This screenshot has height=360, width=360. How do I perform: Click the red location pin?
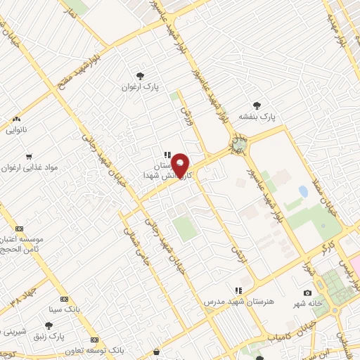pyautogui.click(x=181, y=165)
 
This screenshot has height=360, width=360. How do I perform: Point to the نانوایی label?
pyautogui.click(x=18, y=130)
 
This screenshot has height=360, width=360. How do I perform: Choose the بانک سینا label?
pyautogui.click(x=61, y=308)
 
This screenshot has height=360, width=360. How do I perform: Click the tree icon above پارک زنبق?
pyautogui.click(x=48, y=325)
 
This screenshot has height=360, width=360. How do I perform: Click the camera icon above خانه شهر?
pyautogui.click(x=307, y=292)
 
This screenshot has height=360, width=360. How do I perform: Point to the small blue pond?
pyautogui.click(x=303, y=191)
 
